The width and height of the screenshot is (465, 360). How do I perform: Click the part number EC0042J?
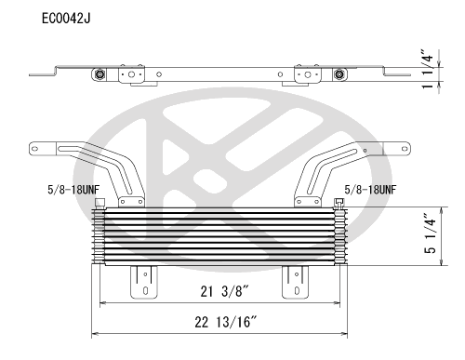tap(66, 19)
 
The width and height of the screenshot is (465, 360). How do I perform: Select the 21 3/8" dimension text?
tap(224, 291)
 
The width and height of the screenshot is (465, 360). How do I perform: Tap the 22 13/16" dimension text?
tap(226, 322)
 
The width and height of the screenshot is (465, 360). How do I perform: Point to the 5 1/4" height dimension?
tap(431, 233)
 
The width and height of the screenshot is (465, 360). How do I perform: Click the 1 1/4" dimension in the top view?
tap(428, 69)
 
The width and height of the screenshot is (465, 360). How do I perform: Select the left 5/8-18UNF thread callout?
tap(73, 190)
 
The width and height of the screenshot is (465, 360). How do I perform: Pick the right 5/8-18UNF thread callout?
tap(370, 190)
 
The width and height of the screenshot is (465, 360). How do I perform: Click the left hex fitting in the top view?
tap(100, 74)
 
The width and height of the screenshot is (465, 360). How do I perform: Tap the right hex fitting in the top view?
tap(339, 74)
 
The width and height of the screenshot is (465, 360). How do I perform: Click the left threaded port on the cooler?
tap(100, 203)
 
